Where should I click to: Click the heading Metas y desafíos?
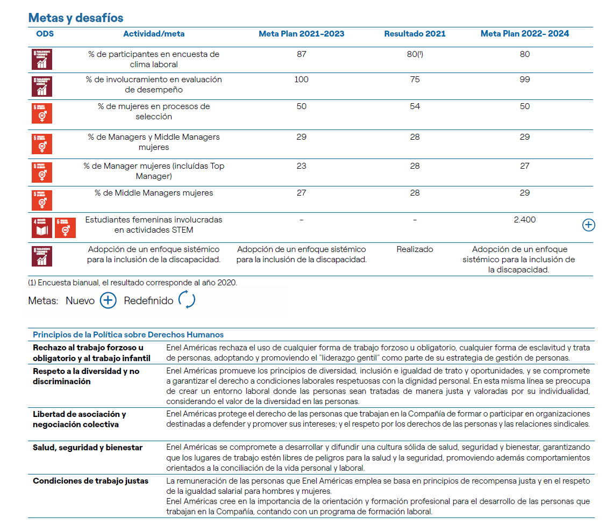[x=76, y=18]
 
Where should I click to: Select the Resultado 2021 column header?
[x=415, y=34]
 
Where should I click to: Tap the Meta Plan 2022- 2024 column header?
[x=524, y=34]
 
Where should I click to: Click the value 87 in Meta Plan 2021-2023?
[x=301, y=54]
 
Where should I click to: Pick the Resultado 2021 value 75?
[x=415, y=80]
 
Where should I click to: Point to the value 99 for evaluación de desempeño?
[x=525, y=80]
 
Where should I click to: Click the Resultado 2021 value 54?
[x=415, y=106]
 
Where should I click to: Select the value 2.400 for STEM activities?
[x=525, y=220]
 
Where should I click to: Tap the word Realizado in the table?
[x=415, y=249]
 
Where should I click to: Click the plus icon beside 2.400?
[x=589, y=225]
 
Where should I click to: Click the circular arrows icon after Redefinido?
[x=187, y=300]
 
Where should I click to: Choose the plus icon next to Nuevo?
[x=108, y=300]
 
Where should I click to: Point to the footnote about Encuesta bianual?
[x=132, y=282]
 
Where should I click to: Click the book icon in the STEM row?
[x=41, y=227]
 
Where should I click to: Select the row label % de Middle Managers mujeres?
[x=154, y=193]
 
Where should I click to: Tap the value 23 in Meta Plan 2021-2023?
[x=301, y=166]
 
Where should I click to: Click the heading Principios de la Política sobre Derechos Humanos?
[x=128, y=335]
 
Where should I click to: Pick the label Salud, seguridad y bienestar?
[x=88, y=448]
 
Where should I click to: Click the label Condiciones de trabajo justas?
[x=90, y=481]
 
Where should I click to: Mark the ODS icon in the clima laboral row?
[x=41, y=60]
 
